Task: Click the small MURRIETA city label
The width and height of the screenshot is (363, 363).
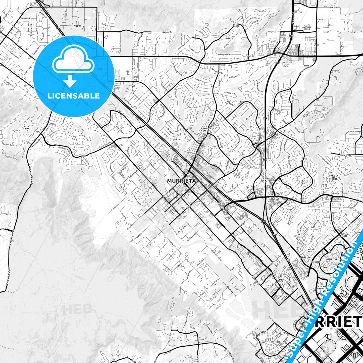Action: click(x=178, y=181)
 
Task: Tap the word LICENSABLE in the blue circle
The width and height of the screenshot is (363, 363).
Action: click(x=74, y=96)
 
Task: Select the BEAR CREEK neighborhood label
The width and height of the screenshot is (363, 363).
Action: click(x=26, y=127)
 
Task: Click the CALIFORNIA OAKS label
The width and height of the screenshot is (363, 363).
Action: click(x=205, y=129)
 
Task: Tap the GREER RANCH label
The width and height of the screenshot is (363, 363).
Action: click(x=236, y=25)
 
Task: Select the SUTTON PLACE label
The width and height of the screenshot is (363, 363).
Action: click(x=344, y=235)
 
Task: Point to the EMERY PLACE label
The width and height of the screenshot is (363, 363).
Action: click(x=311, y=250)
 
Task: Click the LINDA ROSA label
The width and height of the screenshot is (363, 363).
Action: click(x=280, y=281)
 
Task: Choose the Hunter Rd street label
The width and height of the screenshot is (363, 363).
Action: click(x=345, y=155)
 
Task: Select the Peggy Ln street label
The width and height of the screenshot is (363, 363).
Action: click(x=77, y=26)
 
